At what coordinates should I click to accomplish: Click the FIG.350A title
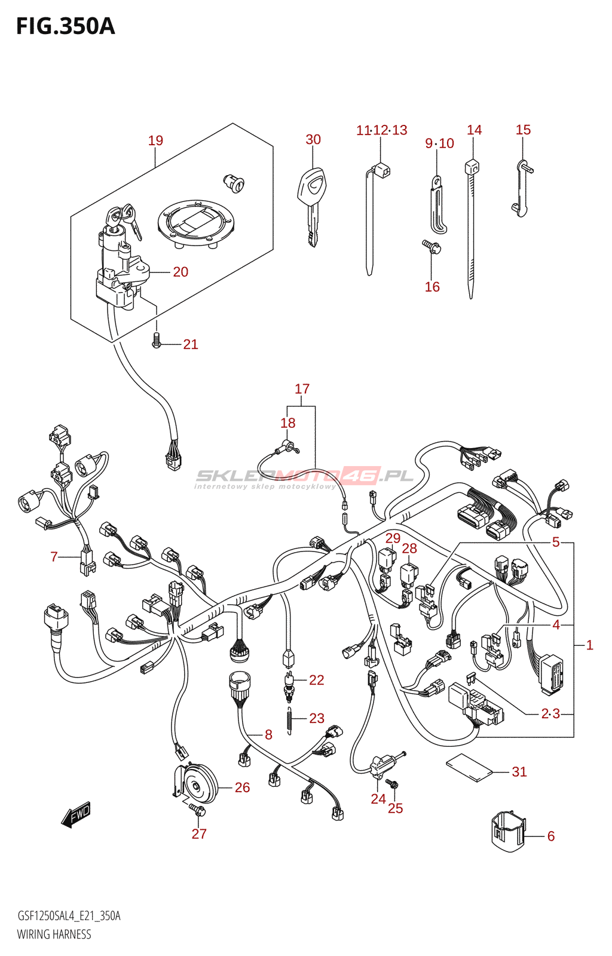65,27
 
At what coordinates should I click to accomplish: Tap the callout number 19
155,140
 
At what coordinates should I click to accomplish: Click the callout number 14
474,130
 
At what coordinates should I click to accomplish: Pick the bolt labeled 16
432,246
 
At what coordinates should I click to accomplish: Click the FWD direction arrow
76,815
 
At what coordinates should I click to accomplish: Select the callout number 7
54,557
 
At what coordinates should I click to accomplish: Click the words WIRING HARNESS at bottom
54,934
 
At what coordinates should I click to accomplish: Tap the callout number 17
302,389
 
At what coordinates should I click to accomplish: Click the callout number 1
589,645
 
